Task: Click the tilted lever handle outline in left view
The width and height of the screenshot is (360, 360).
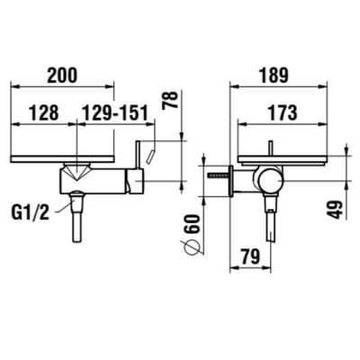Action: [155, 155]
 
